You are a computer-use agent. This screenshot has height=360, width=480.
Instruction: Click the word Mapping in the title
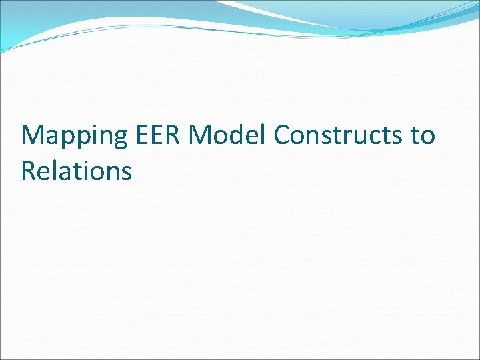(x=74, y=136)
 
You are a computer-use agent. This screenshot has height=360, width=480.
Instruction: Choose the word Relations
(x=76, y=171)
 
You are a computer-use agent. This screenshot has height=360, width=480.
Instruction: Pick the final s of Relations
(x=126, y=173)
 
